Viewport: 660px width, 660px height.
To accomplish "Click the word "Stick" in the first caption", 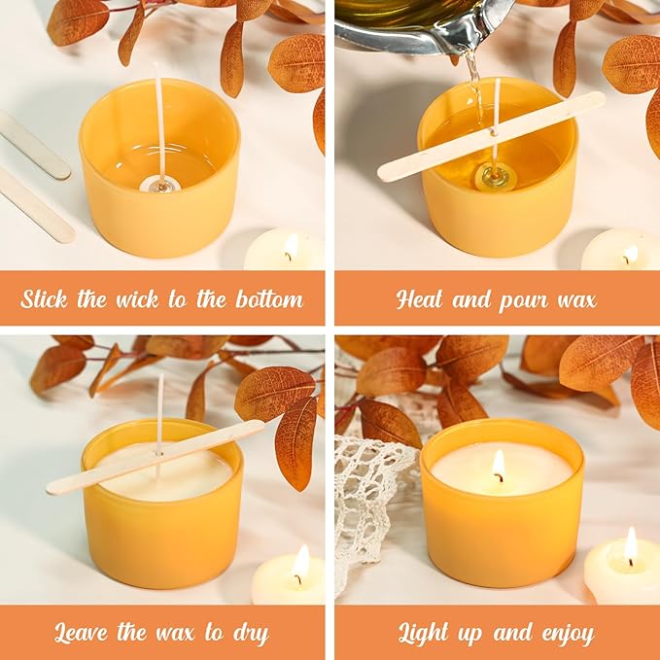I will [x=45, y=298].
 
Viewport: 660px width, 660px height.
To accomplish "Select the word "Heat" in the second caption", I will [x=420, y=298].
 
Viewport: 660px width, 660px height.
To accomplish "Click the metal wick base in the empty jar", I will [x=158, y=185].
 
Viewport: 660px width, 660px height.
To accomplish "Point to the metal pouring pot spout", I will [x=476, y=39].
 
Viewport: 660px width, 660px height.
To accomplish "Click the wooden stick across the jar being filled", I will [x=491, y=136].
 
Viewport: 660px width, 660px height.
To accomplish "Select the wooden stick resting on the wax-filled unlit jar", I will [x=156, y=456].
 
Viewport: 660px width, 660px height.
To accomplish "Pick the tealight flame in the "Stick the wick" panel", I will [x=291, y=246].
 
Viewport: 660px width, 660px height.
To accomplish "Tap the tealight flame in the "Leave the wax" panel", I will [x=301, y=562].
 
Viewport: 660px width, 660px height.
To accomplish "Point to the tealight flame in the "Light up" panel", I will [x=631, y=544].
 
